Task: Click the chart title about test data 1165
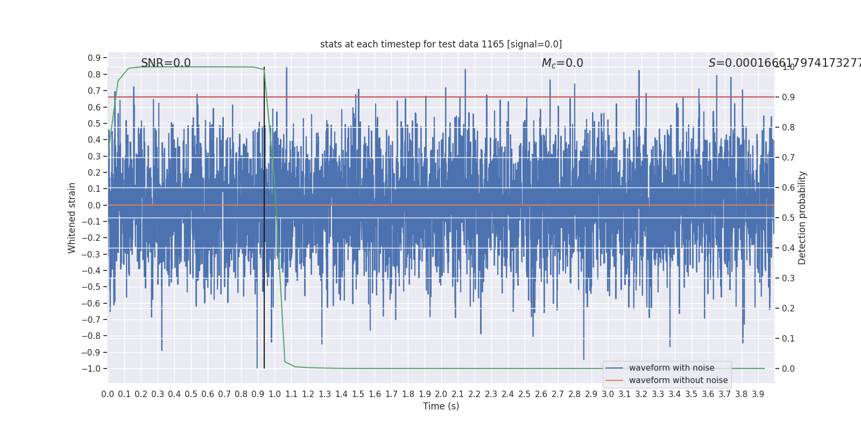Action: (x=441, y=44)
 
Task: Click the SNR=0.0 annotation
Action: (x=166, y=63)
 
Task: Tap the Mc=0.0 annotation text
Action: (x=562, y=63)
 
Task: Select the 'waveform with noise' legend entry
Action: (x=671, y=368)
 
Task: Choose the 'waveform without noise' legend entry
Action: (x=678, y=380)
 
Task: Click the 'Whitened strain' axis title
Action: (x=72, y=218)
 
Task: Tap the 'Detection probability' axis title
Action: (x=802, y=218)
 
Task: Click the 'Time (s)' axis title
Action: (x=441, y=406)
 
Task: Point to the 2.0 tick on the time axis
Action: (x=441, y=394)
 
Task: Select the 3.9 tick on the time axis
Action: (x=758, y=394)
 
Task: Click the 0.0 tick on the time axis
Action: (x=108, y=394)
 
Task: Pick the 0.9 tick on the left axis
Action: (x=94, y=58)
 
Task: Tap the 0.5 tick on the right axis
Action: (x=788, y=218)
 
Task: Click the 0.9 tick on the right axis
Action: (x=788, y=97)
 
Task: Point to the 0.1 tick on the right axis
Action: (x=788, y=338)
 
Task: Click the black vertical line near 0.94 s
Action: (x=264, y=215)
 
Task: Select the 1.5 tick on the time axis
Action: (x=358, y=394)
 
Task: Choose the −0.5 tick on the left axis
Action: (x=93, y=287)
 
